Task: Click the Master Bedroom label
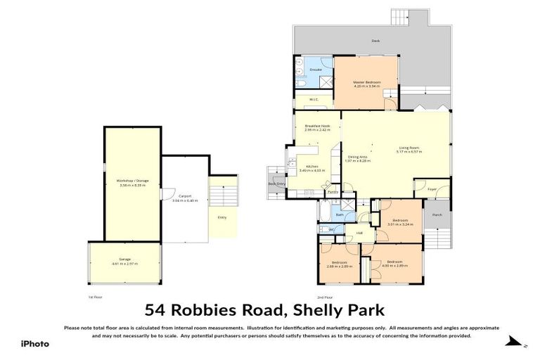point(366,83)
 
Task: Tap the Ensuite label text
point(316,70)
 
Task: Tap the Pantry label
point(333,191)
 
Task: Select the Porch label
point(437,214)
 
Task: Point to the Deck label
point(375,41)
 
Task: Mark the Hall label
point(359,233)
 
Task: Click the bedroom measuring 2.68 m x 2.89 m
point(339,264)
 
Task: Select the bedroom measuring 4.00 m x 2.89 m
point(394,264)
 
